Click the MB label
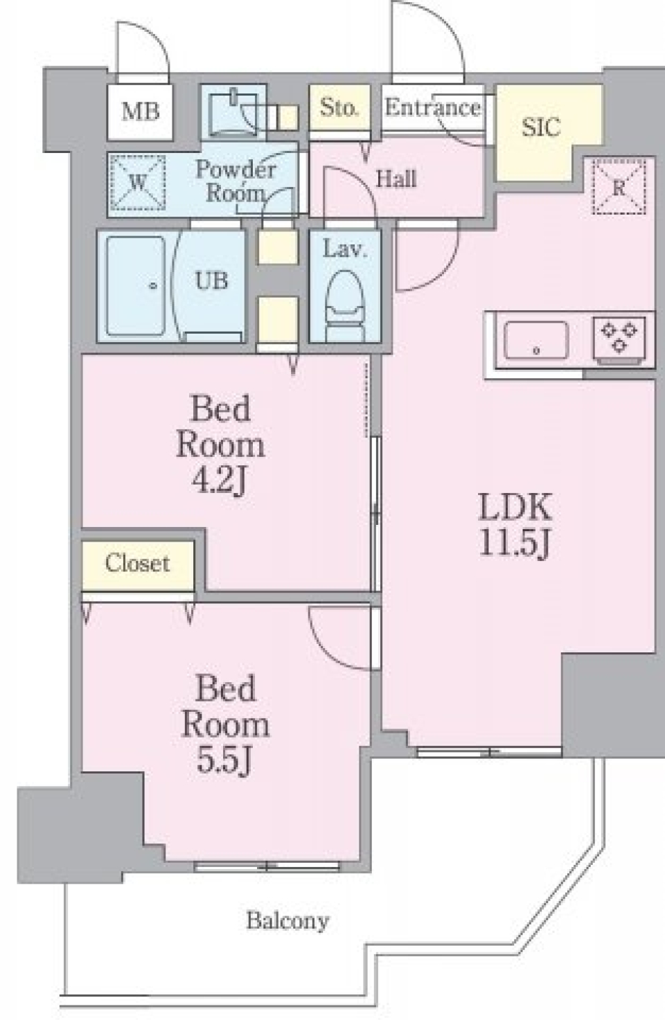(x=141, y=111)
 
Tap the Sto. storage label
(x=339, y=107)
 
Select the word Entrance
(x=433, y=108)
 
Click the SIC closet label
(x=540, y=127)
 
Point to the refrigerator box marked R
(x=619, y=187)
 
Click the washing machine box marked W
(x=138, y=183)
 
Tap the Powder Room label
(x=236, y=181)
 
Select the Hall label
(x=396, y=179)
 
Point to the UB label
(x=212, y=280)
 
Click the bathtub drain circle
(x=153, y=286)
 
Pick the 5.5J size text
(x=224, y=762)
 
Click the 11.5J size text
(x=515, y=544)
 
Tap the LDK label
(x=515, y=507)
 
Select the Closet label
(x=138, y=563)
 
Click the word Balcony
(x=288, y=921)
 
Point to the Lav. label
(x=345, y=249)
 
